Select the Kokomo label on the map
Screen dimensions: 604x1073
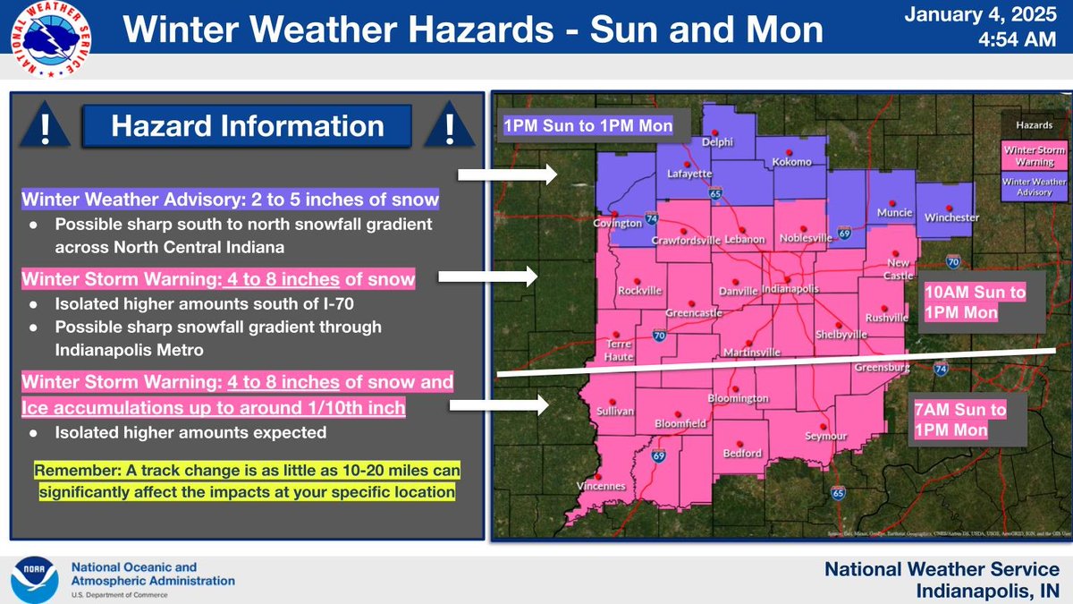point(792,162)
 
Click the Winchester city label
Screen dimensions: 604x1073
point(950,217)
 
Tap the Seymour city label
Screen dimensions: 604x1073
point(825,436)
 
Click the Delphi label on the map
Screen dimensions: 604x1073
point(717,141)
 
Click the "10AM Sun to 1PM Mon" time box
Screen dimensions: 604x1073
point(976,302)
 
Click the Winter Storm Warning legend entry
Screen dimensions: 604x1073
point(1028,156)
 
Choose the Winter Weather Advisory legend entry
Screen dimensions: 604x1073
point(1028,187)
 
